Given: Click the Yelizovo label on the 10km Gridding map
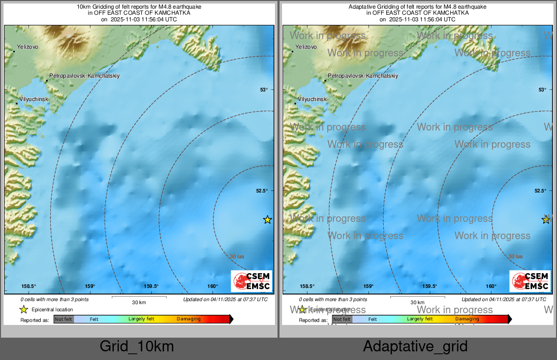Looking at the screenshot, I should tap(27, 47).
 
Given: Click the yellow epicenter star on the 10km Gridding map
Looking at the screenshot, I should tap(267, 220).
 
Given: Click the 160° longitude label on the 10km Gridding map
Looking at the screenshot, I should tap(212, 286).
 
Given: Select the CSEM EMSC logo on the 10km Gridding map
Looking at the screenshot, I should tap(252, 281).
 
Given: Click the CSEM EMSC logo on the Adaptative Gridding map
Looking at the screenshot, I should tap(530, 281).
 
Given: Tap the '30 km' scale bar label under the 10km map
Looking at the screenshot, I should tap(139, 302).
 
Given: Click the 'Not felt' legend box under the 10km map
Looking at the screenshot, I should tap(64, 319).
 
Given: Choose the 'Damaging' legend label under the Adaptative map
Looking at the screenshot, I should tap(467, 319).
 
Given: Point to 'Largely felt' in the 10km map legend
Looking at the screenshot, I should tap(141, 319).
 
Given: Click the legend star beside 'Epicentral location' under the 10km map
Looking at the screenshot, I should tap(23, 309).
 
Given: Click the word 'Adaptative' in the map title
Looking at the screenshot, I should tap(361, 7).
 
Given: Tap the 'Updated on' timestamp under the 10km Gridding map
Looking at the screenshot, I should tap(225, 300).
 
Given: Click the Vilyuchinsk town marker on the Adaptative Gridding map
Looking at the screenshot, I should tap(295, 104).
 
